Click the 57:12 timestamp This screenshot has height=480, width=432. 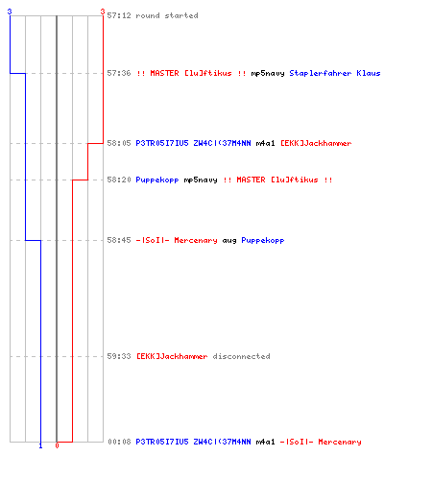119,15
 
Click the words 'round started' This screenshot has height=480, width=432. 167,15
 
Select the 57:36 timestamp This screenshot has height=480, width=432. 119,73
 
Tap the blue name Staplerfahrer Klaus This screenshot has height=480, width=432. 335,73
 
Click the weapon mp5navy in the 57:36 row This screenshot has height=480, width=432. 268,74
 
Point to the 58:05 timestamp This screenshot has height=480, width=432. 119,143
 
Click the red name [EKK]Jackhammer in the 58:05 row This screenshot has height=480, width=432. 316,143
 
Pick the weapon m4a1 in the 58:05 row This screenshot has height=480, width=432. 265,143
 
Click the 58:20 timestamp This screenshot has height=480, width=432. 119,180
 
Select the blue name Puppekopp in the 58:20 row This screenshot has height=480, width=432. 157,180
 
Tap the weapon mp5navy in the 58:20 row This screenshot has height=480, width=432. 201,180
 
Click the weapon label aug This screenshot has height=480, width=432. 229,241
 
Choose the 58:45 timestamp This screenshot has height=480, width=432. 119,240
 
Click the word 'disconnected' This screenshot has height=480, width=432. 241,356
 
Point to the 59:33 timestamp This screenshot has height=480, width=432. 119,356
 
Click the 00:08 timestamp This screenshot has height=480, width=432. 119,442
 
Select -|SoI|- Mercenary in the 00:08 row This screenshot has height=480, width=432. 321,442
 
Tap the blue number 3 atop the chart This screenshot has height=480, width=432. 10,12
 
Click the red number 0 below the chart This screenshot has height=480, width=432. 57,445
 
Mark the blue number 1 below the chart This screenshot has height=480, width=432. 40,446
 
